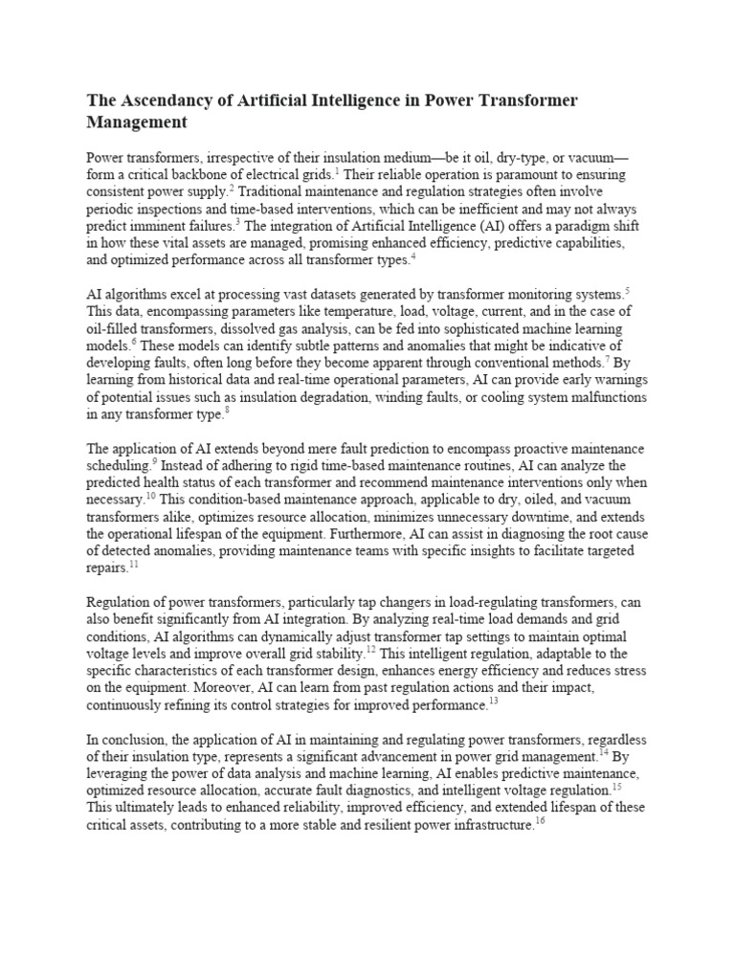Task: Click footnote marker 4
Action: click(x=413, y=256)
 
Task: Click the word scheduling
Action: click(x=119, y=467)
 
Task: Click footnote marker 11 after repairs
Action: click(x=134, y=565)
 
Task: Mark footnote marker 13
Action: click(x=494, y=701)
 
